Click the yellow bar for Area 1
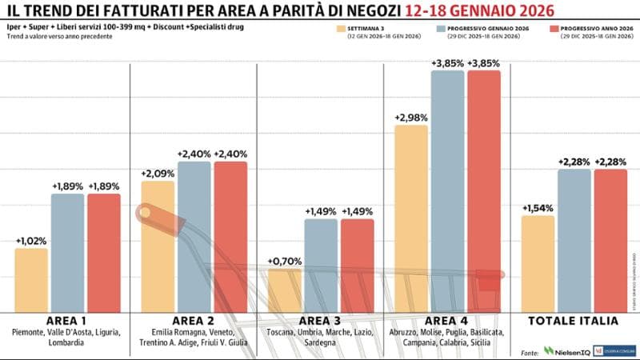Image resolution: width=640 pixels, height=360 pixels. [x=31, y=280]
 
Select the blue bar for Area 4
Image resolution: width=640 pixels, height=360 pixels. [x=448, y=192]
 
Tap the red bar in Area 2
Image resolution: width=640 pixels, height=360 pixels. [x=230, y=237]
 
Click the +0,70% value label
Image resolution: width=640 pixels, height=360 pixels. [x=284, y=262]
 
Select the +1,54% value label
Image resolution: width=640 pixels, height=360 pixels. [x=538, y=209]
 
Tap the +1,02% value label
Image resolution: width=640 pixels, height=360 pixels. [x=31, y=241]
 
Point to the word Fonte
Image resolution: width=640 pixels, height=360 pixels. [x=529, y=351]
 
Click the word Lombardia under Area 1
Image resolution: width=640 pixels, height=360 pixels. [x=67, y=342]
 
